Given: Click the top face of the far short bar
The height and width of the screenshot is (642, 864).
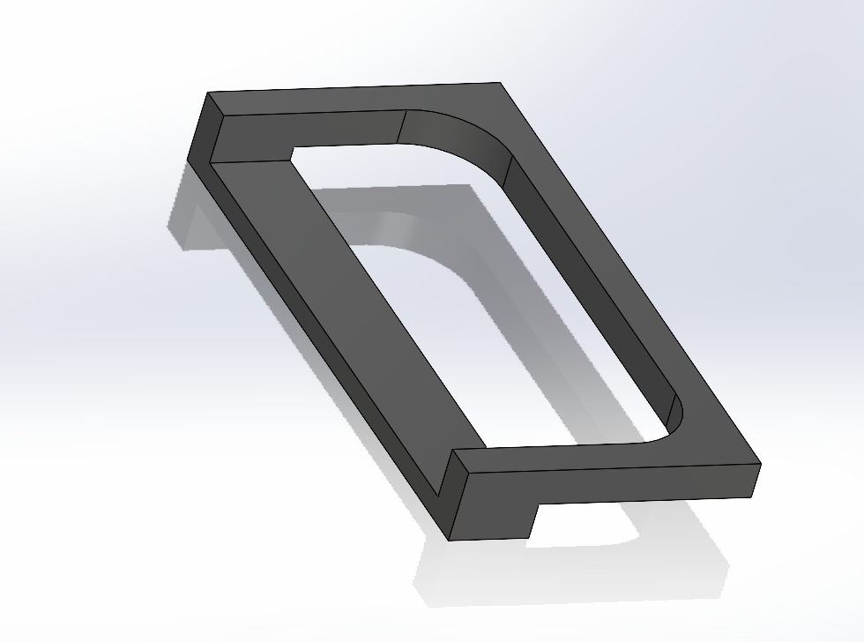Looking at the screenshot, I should [353, 101].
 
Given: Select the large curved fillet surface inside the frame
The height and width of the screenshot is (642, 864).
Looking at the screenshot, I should [458, 141].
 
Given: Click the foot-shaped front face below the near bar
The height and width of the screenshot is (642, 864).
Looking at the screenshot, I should [494, 503].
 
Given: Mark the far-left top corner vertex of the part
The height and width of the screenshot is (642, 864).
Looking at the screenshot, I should [208, 92].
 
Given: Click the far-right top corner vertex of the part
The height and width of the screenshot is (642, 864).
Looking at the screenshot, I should [501, 83].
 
